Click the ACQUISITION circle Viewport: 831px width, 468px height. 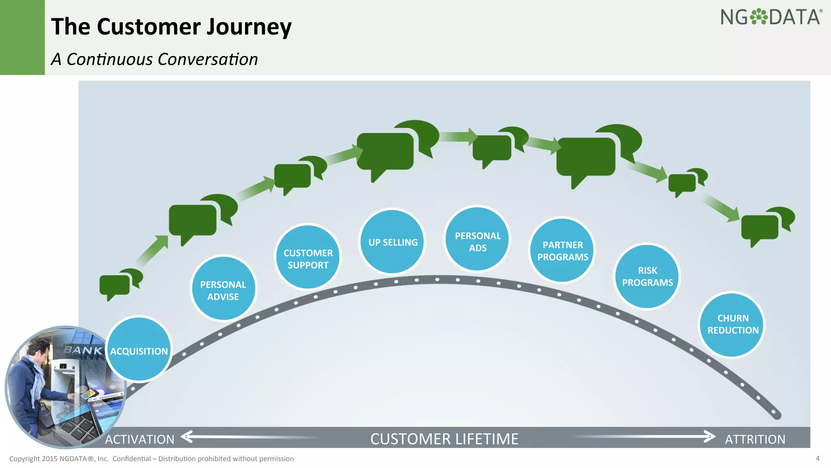click(139, 350)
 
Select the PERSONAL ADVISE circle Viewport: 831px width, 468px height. click(223, 288)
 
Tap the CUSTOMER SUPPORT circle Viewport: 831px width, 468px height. click(308, 258)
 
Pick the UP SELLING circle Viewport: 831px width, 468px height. click(392, 242)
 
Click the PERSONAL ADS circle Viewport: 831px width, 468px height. click(478, 239)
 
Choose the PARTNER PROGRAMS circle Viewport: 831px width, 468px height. click(562, 250)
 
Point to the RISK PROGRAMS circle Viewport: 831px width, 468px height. click(647, 276)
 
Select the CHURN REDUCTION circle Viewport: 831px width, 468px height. click(732, 325)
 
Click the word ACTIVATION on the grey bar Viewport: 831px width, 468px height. click(140, 439)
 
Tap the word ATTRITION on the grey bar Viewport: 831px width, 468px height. click(755, 439)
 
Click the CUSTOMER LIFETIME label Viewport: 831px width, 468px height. click(444, 439)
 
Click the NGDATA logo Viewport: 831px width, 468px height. click(771, 17)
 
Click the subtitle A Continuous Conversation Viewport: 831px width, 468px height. click(154, 59)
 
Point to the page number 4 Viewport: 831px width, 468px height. click(817, 458)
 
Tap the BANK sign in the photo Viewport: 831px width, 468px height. click(83, 349)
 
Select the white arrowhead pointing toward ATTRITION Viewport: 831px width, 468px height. click(709, 437)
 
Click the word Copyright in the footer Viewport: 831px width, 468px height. click(24, 459)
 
